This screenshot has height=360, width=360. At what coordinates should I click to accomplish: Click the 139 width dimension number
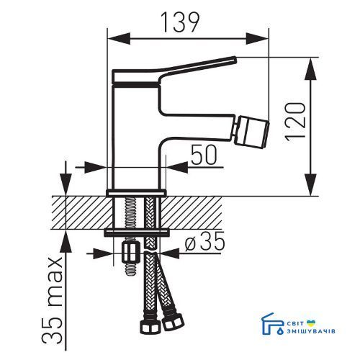(180, 22)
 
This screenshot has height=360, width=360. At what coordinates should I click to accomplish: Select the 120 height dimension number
(295, 120)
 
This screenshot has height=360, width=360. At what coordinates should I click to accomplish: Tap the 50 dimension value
(204, 156)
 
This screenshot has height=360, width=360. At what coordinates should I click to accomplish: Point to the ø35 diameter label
(204, 240)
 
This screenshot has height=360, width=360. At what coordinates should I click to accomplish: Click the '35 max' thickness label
(53, 302)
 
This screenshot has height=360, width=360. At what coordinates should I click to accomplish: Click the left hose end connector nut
(150, 325)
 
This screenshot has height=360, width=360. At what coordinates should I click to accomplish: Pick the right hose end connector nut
(174, 322)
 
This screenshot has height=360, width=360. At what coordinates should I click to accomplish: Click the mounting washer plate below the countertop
(137, 233)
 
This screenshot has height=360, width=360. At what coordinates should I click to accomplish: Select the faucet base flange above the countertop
(136, 193)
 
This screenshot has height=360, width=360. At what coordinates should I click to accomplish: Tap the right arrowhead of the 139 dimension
(257, 38)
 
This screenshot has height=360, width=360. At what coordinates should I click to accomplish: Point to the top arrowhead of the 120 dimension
(311, 68)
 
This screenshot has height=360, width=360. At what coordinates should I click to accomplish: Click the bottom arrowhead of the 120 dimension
(311, 185)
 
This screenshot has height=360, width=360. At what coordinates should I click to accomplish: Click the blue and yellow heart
(311, 323)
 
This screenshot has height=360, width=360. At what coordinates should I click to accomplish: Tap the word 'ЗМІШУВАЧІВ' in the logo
(311, 331)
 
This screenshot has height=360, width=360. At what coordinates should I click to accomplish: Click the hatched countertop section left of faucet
(83, 213)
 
